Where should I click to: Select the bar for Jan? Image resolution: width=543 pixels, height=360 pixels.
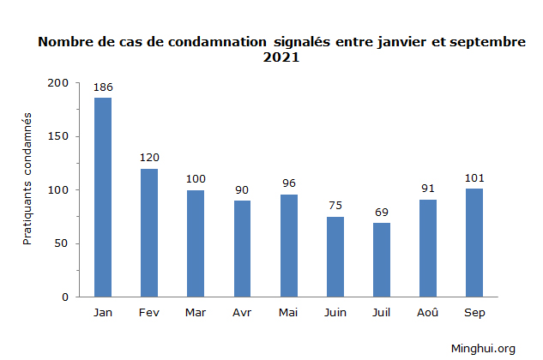click(103, 197)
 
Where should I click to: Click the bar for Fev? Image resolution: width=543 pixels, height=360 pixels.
click(149, 232)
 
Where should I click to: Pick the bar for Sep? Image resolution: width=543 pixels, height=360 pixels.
click(474, 243)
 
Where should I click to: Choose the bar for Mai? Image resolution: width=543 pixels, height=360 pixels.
click(288, 245)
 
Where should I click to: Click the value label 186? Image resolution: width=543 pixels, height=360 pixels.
click(103, 87)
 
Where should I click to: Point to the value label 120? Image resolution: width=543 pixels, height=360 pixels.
click(149, 158)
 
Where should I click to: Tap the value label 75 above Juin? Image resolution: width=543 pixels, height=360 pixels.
click(335, 206)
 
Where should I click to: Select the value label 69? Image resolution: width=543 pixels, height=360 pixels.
click(382, 212)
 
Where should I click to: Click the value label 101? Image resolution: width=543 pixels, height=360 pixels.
click(474, 177)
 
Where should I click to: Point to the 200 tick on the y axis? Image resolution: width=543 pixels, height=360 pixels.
click(58, 83)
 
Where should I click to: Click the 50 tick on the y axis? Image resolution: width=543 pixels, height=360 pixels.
click(62, 243)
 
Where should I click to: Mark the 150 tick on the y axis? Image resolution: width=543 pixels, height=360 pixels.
click(58, 136)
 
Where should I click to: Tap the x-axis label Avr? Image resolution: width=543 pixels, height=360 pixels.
click(242, 313)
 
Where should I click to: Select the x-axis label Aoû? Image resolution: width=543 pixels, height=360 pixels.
click(428, 313)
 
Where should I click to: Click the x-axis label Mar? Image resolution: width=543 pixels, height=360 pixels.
click(196, 313)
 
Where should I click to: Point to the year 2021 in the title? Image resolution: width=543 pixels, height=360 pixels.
click(281, 58)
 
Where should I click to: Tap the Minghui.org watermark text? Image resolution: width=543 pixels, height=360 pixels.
click(483, 348)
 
